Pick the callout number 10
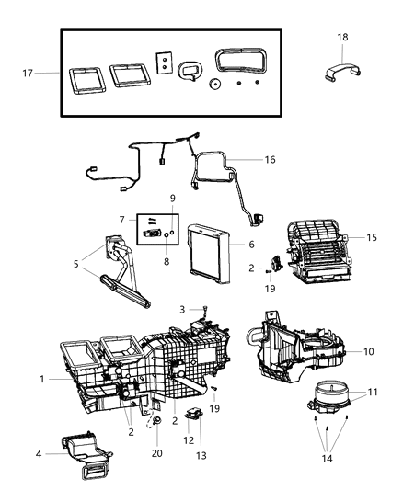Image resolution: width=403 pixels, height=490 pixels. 368,351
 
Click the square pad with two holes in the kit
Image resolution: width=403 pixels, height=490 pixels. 163,62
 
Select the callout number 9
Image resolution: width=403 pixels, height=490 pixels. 170,198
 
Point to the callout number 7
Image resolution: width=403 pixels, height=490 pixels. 121,220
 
